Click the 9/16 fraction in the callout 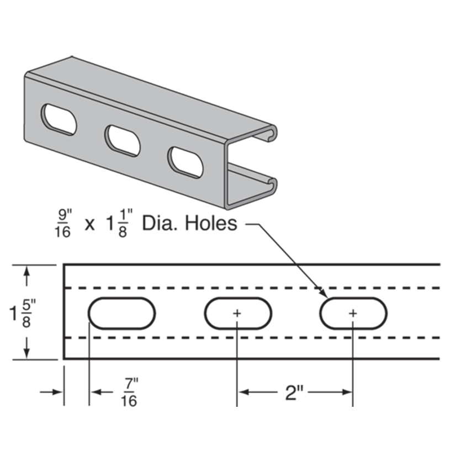pyautogui.click(x=63, y=224)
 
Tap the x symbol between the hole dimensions pyautogui.click(x=89, y=225)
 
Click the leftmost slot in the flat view pyautogui.click(x=121, y=314)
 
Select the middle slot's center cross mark pyautogui.click(x=237, y=313)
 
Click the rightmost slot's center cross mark pyautogui.click(x=353, y=313)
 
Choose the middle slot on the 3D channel pyautogui.click(x=122, y=140)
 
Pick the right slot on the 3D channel pyautogui.click(x=185, y=162)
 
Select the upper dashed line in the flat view pyautogui.click(x=248, y=288)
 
